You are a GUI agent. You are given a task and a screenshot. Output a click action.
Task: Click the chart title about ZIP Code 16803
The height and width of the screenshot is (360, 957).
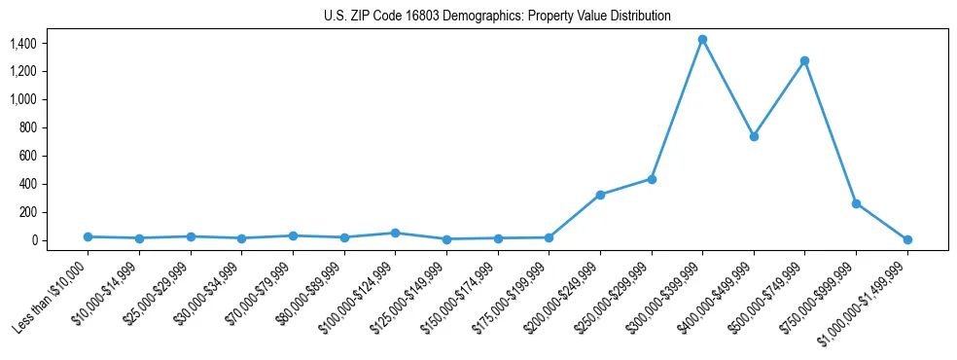pos(497,17)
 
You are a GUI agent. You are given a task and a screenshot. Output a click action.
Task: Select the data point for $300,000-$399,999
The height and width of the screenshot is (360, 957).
pos(702,40)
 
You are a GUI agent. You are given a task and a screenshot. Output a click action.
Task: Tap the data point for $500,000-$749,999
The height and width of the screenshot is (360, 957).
pos(804,60)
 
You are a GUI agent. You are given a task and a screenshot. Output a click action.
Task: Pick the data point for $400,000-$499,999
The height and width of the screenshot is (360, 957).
pos(754,136)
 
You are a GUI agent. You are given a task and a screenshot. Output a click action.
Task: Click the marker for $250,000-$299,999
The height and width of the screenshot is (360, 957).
pos(652,179)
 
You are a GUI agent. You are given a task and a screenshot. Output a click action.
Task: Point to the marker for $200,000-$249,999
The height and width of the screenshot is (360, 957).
pos(600,195)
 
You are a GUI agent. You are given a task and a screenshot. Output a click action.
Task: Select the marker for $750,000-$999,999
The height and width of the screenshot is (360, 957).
pos(856,203)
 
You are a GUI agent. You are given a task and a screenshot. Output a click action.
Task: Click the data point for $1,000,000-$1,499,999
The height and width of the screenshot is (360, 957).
pos(907,239)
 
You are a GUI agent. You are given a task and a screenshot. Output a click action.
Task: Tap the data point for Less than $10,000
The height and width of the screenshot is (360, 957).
pos(89,236)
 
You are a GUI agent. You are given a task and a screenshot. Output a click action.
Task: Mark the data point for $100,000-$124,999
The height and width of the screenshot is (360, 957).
pos(395,233)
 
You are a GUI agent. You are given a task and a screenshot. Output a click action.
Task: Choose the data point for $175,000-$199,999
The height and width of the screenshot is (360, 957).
pos(549,237)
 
